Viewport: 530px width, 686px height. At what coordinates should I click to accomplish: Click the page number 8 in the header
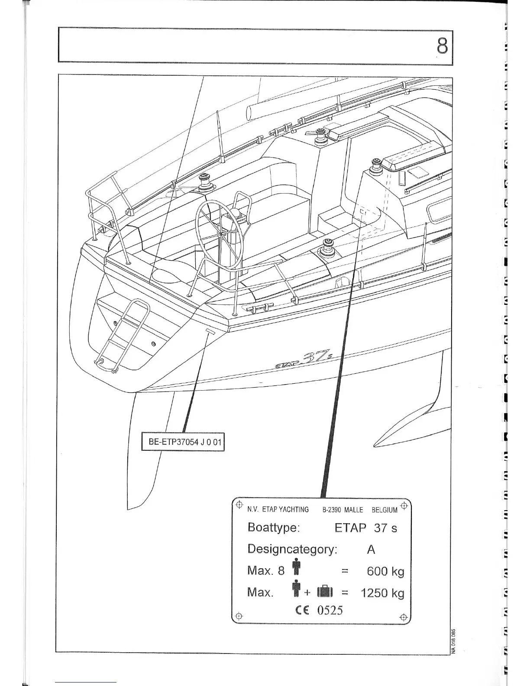pyautogui.click(x=441, y=45)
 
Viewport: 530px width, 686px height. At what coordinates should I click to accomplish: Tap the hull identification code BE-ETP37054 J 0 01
pyautogui.click(x=184, y=443)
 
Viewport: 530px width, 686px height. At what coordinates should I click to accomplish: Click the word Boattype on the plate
pyautogui.click(x=273, y=528)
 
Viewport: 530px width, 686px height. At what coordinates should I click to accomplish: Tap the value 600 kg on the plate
pyautogui.click(x=385, y=571)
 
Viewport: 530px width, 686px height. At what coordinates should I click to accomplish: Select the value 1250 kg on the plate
pyautogui.click(x=382, y=592)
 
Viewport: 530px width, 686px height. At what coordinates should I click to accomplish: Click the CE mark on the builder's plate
pyautogui.click(x=301, y=610)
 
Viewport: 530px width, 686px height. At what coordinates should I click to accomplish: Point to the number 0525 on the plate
pyautogui.click(x=330, y=610)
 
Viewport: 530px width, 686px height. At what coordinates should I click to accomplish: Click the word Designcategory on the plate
pyautogui.click(x=292, y=549)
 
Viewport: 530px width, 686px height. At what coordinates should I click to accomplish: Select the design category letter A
pyautogui.click(x=371, y=550)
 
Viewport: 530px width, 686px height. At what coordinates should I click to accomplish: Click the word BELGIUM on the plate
pyautogui.click(x=384, y=510)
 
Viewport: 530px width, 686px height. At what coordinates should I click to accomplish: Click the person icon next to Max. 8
pyautogui.click(x=296, y=568)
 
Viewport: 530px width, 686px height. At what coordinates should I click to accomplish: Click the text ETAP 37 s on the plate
pyautogui.click(x=365, y=528)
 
